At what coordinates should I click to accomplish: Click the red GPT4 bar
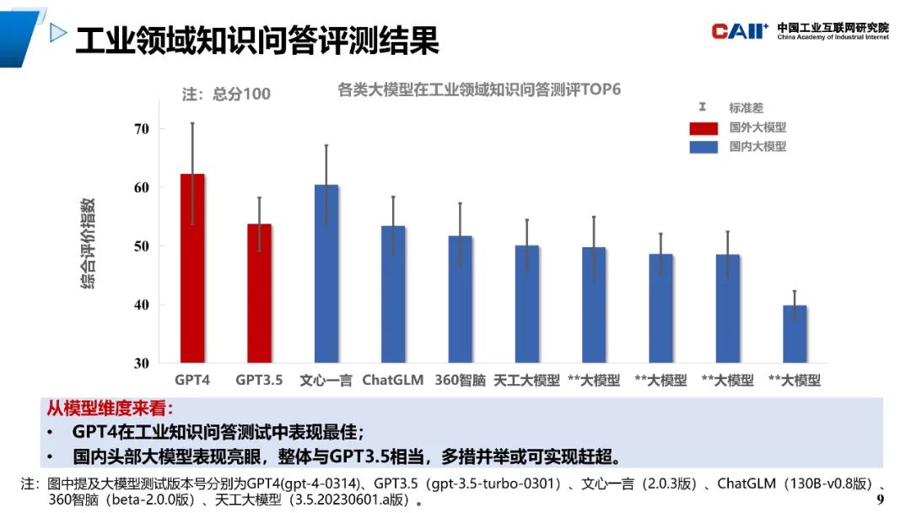click(192, 269)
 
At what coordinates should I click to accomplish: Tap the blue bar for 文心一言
click(326, 274)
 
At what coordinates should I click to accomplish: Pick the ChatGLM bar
click(393, 294)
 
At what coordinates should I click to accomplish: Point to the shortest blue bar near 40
click(795, 334)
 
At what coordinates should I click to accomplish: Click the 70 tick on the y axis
click(140, 129)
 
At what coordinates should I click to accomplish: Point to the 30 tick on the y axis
click(140, 364)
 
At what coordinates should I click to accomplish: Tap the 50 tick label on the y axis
click(140, 246)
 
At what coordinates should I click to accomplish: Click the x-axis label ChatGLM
click(393, 380)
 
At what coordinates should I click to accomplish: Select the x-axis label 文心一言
click(326, 380)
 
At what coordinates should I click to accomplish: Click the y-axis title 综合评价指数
click(88, 245)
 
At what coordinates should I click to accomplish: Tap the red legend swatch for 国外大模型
click(703, 127)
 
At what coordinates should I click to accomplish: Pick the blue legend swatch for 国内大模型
click(703, 147)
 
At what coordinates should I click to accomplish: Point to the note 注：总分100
click(227, 94)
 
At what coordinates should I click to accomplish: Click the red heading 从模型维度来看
click(110, 409)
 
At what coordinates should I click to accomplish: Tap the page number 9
click(881, 500)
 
